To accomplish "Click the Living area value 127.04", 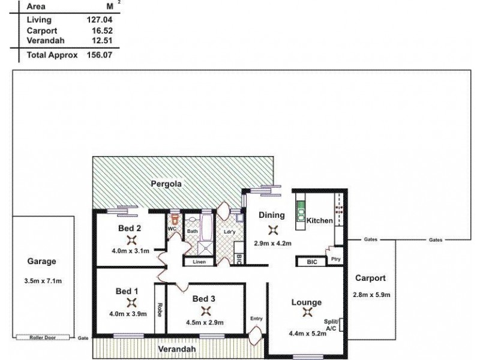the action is tap(100, 20).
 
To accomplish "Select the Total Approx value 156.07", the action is tap(100, 55).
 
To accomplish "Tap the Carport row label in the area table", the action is tap(42, 31).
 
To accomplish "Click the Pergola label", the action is tap(166, 184).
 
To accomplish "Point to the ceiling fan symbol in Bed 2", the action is tap(131, 241).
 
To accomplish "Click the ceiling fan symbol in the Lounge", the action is tap(307, 312).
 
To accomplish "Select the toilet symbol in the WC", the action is tap(175, 219).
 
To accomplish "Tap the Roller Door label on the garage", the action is tap(43, 337).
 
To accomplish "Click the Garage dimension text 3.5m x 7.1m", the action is tap(43, 281).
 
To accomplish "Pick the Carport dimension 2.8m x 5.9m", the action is tap(371, 295).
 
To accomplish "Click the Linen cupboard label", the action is tap(199, 262).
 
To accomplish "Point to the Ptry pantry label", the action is tap(336, 259).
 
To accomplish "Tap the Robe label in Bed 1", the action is tap(160, 310).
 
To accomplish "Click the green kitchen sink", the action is tap(301, 211).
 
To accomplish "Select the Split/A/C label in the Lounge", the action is tap(331, 325).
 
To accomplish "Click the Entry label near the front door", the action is tap(256, 319).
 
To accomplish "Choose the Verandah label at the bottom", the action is tap(177, 349).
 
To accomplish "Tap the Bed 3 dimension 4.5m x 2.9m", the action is tap(205, 322).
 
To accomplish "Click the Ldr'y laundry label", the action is tap(230, 232).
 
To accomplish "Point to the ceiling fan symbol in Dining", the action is tap(273, 230).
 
